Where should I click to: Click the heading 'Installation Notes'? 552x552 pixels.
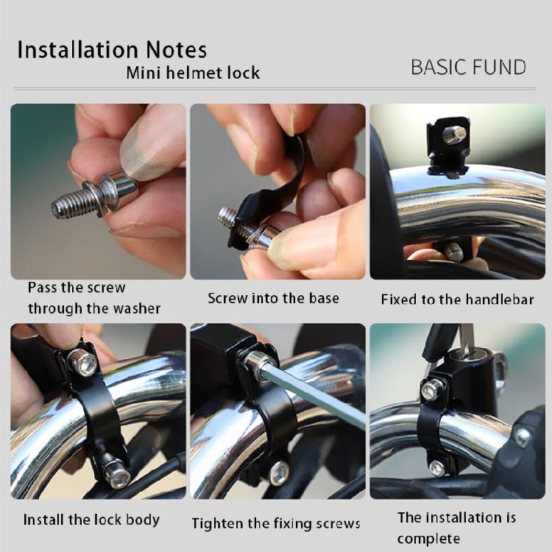coord(112,50)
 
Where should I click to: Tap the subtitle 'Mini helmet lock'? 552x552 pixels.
coord(193,73)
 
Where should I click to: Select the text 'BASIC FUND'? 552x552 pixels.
coord(468,67)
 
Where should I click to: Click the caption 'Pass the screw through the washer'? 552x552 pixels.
coord(94,297)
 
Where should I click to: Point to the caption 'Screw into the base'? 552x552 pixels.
coord(273,298)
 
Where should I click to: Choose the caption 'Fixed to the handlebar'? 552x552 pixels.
coord(457,300)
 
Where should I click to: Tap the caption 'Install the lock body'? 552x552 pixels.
coord(91,520)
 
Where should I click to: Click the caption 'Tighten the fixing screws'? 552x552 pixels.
coord(276,523)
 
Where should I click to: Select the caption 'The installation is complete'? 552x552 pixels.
coord(457,528)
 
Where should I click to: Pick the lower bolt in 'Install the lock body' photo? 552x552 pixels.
coord(116,473)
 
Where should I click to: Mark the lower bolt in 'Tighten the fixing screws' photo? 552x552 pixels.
coord(279,473)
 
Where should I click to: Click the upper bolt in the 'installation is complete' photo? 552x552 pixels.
coord(432,389)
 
